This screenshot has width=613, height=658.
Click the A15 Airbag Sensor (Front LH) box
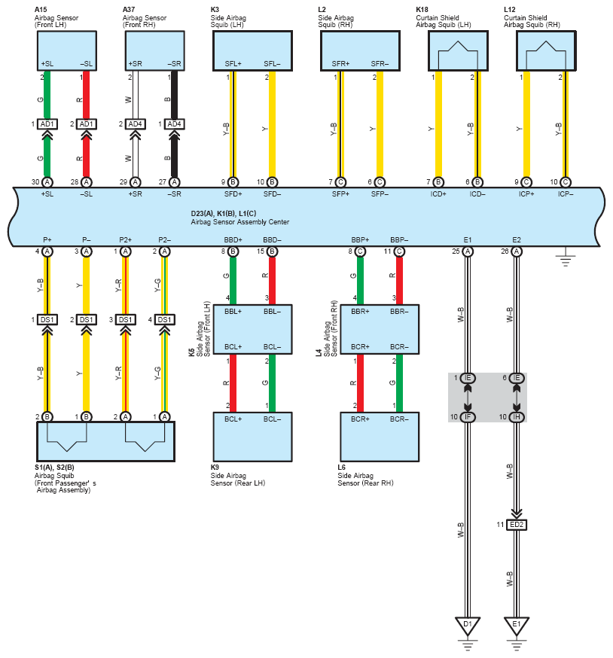[x=67, y=50]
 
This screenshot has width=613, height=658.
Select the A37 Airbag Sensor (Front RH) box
[x=155, y=50]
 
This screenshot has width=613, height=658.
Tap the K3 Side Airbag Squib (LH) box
[x=252, y=50]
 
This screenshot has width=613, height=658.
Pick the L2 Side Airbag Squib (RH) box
[x=360, y=50]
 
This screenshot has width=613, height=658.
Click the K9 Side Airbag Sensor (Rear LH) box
[x=252, y=437]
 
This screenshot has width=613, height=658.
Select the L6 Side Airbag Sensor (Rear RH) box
[x=380, y=437]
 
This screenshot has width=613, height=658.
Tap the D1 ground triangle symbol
[x=468, y=626]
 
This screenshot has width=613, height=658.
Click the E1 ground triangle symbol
[x=517, y=626]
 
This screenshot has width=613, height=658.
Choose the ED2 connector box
[x=517, y=525]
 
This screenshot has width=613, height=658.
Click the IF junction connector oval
[x=468, y=416]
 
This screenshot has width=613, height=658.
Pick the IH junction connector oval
[x=517, y=416]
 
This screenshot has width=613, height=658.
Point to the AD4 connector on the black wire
[x=174, y=124]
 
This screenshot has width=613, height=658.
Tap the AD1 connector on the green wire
[x=47, y=124]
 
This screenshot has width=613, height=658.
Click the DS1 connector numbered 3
[x=125, y=320]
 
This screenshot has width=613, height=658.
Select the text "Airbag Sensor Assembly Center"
[x=239, y=222]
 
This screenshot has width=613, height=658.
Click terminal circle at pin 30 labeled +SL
[x=47, y=182]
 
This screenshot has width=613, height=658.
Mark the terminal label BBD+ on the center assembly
[x=233, y=240]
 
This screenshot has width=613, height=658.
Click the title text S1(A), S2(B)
[x=54, y=468]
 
